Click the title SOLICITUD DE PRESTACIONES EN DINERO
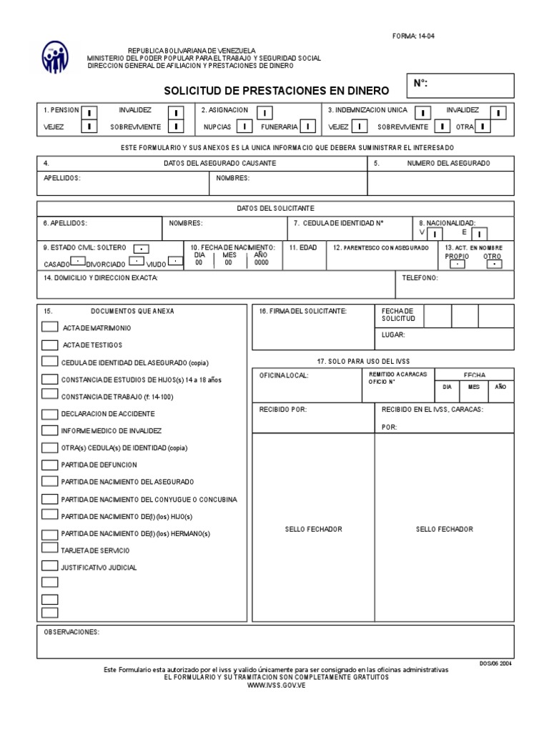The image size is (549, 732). pyautogui.click(x=277, y=91)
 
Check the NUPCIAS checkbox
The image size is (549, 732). pyautogui.click(x=244, y=127)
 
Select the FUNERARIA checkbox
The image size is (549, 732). pyautogui.click(x=308, y=127)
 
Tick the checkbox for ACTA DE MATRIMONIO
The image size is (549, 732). pyautogui.click(x=49, y=327)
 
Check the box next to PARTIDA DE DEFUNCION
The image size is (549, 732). pyautogui.click(x=49, y=464)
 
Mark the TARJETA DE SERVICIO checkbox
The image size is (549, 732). pyautogui.click(x=49, y=548)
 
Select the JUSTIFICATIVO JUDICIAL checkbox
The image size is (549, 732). pyautogui.click(x=49, y=566)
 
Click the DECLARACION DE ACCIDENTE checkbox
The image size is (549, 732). pyautogui.click(x=49, y=413)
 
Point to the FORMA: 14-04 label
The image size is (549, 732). pyautogui.click(x=413, y=36)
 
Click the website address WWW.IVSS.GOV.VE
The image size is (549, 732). pyautogui.click(x=276, y=685)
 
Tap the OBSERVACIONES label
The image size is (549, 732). pyautogui.click(x=71, y=633)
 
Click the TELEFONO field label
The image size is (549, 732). pyautogui.click(x=420, y=277)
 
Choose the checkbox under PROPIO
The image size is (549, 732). pyautogui.click(x=455, y=264)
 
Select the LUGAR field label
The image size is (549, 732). pyautogui.click(x=393, y=335)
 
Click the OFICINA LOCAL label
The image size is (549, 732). pyautogui.click(x=284, y=375)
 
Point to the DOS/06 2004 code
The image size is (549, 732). pyautogui.click(x=495, y=663)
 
